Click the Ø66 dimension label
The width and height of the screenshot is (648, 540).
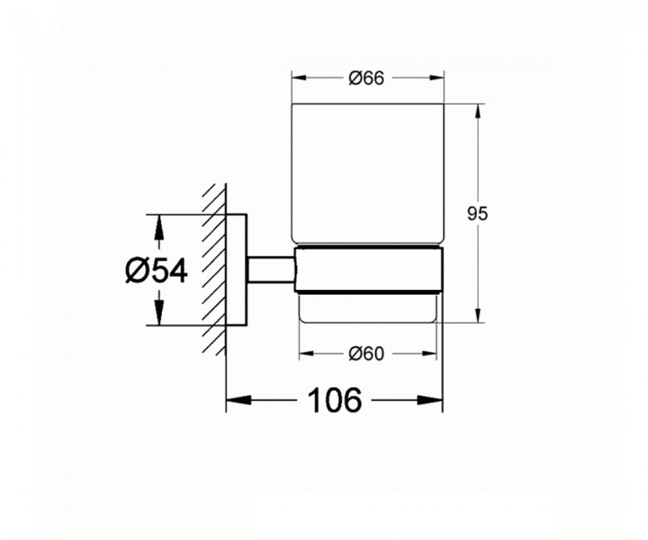click(366, 79)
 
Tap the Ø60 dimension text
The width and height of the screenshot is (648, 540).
click(366, 353)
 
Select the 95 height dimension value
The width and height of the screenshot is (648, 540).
click(476, 214)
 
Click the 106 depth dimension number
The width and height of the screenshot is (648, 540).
click(335, 401)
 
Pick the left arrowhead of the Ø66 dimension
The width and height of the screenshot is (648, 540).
click(296, 79)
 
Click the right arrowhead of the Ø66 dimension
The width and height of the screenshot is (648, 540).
click(437, 79)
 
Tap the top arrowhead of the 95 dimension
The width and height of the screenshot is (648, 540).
click(478, 110)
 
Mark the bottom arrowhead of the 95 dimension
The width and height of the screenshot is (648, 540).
click(478, 315)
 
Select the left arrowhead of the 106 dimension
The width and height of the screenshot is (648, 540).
click(233, 402)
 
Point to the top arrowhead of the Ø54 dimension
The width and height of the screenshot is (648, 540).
click(157, 220)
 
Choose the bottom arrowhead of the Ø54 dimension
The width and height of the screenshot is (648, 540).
click(157, 319)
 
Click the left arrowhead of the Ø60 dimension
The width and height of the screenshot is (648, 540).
click(303, 353)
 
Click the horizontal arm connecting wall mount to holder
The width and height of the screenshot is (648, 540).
click(271, 270)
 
